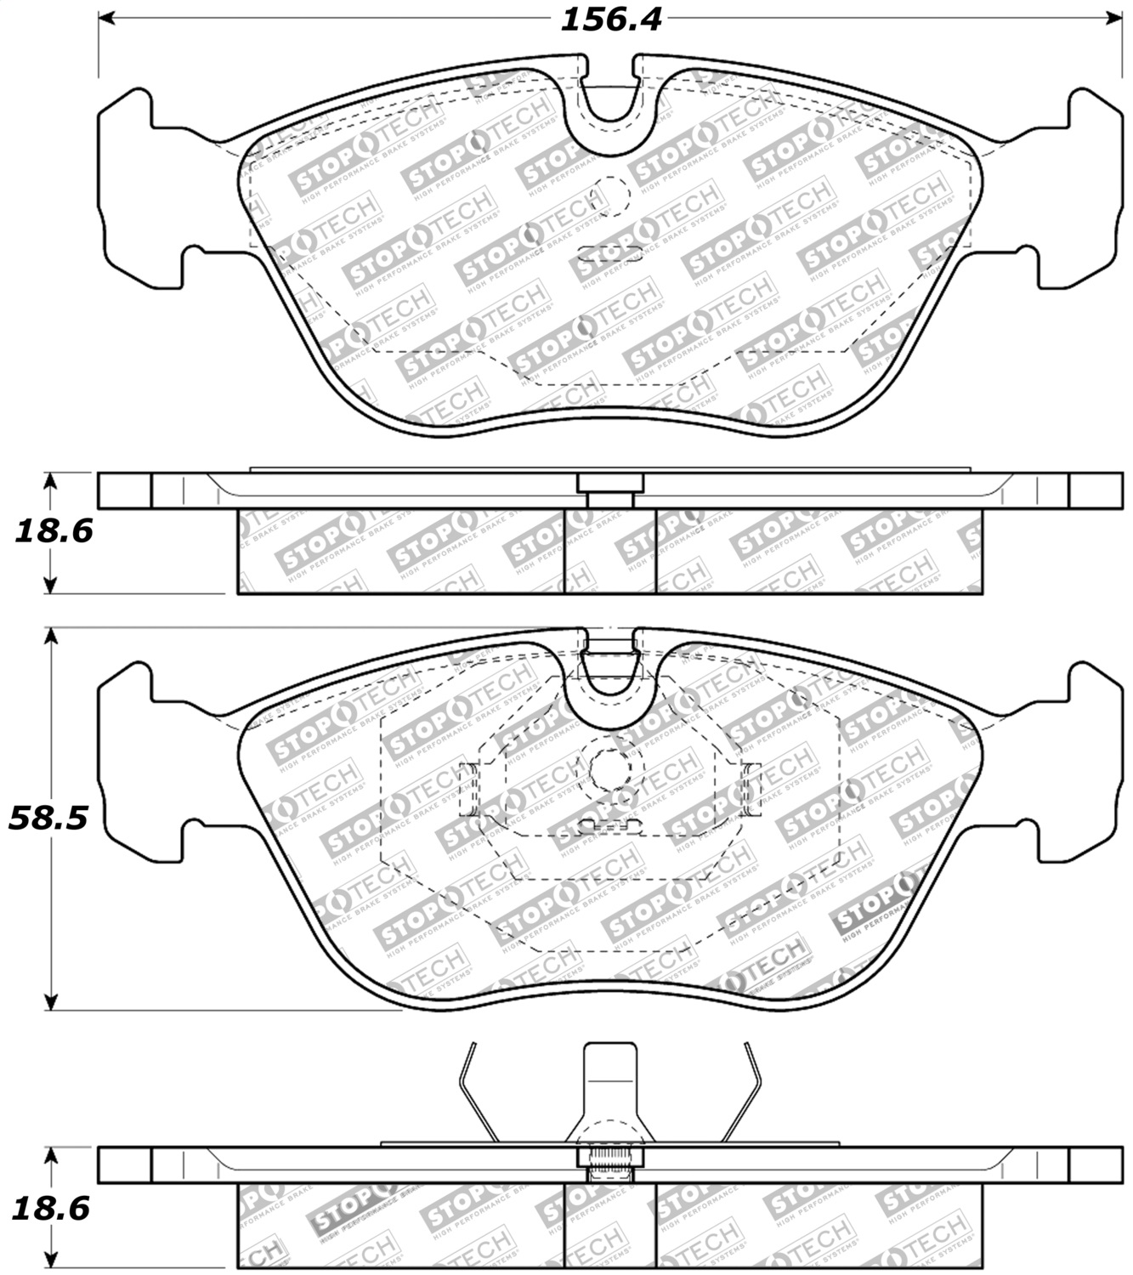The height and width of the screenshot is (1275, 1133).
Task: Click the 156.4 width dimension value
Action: click(x=610, y=20)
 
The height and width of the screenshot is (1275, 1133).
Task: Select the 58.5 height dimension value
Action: click(x=48, y=819)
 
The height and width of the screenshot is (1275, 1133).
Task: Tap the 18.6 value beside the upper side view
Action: click(x=53, y=531)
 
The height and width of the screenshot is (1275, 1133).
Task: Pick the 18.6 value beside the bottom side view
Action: click(x=52, y=1208)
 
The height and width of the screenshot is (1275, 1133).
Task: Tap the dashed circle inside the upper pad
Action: click(x=610, y=195)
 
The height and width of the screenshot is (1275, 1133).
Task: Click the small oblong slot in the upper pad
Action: click(x=609, y=251)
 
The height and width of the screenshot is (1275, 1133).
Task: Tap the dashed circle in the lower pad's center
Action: click(x=610, y=769)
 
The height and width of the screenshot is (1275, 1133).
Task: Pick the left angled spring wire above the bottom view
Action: click(x=476, y=1092)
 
